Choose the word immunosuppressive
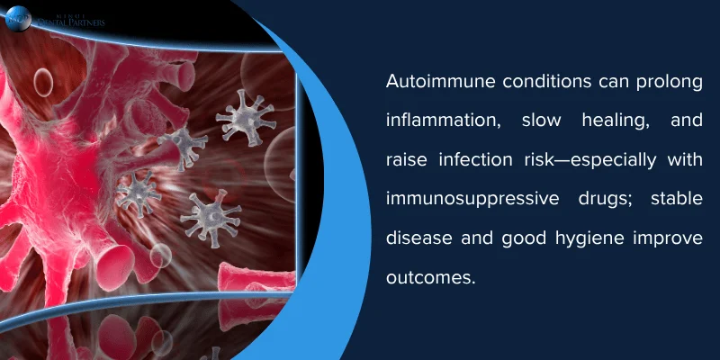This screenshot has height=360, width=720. click(x=467, y=199)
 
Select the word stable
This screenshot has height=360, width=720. click(x=673, y=199)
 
